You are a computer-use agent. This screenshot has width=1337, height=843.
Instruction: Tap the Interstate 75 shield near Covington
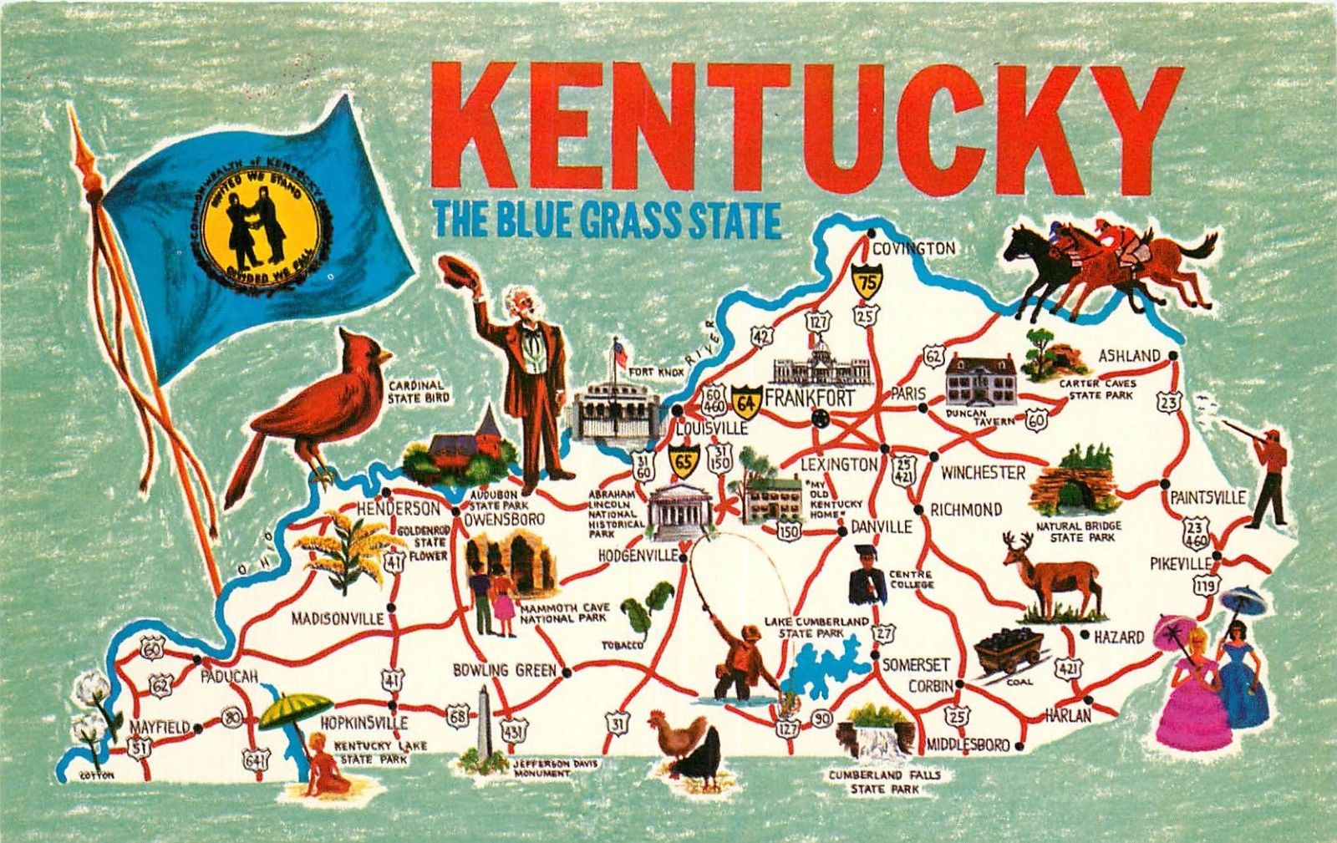tap(867, 282)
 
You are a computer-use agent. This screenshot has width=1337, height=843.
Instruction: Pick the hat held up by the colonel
tap(458, 272)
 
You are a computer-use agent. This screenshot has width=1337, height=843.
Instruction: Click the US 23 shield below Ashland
tap(1169, 403)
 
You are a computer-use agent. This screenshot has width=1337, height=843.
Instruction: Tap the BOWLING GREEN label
tap(504, 670)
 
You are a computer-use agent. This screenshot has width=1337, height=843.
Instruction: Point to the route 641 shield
tap(256, 759)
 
